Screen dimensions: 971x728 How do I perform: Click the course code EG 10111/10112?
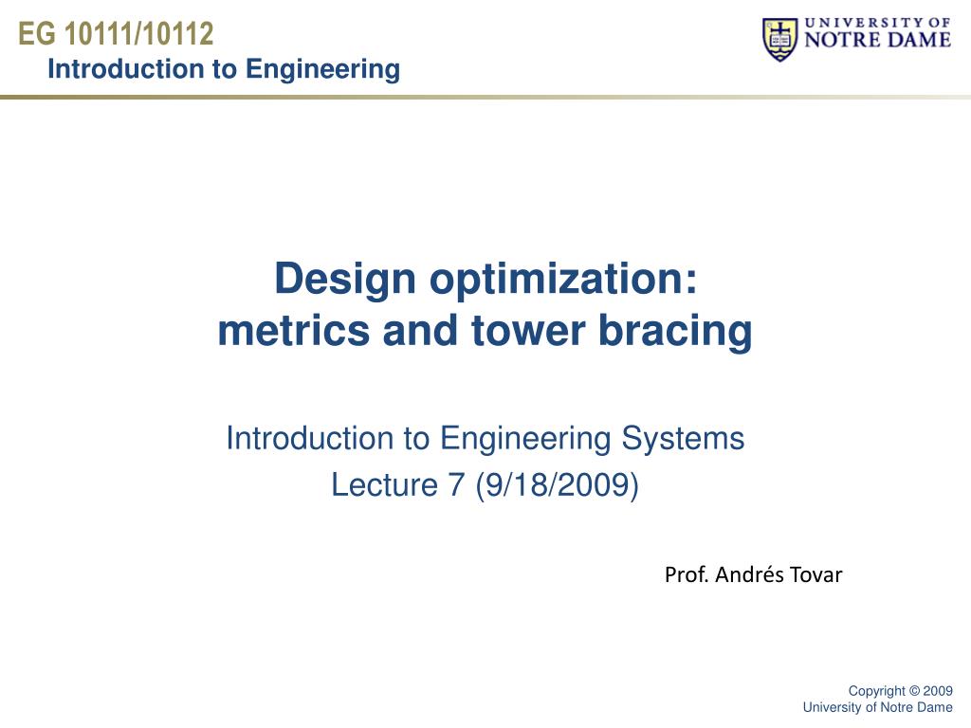pos(116,33)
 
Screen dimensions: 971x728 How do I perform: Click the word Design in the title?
pos(345,280)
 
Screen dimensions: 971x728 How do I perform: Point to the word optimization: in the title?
pos(563,280)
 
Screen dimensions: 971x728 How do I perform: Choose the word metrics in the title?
pos(294,331)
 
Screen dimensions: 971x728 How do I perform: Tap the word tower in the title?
pos(528,331)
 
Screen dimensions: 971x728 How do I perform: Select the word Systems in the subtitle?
pos(683,439)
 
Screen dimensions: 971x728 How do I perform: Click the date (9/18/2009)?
pos(557,484)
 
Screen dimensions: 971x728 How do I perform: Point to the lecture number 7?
pos(456,484)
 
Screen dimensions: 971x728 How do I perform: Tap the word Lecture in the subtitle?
pos(384,484)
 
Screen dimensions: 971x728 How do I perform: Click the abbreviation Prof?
pos(687,574)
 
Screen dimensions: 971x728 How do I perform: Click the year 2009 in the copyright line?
pos(938,691)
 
